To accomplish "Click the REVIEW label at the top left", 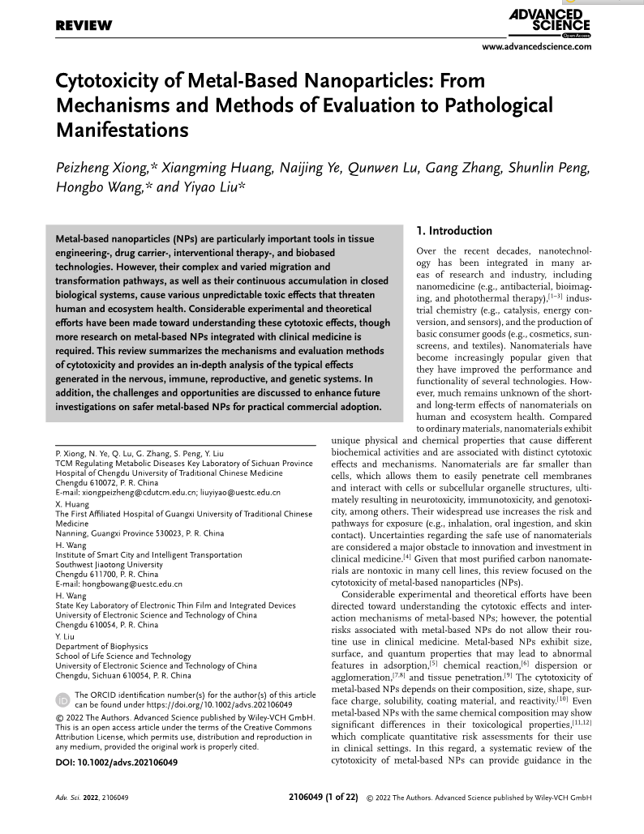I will pyautogui.click(x=84, y=26).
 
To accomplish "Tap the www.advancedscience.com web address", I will pyautogui.click(x=537, y=47).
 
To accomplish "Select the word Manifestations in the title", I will pyautogui.click(x=122, y=130).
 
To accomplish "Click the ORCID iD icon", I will pyautogui.click(x=62, y=699).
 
